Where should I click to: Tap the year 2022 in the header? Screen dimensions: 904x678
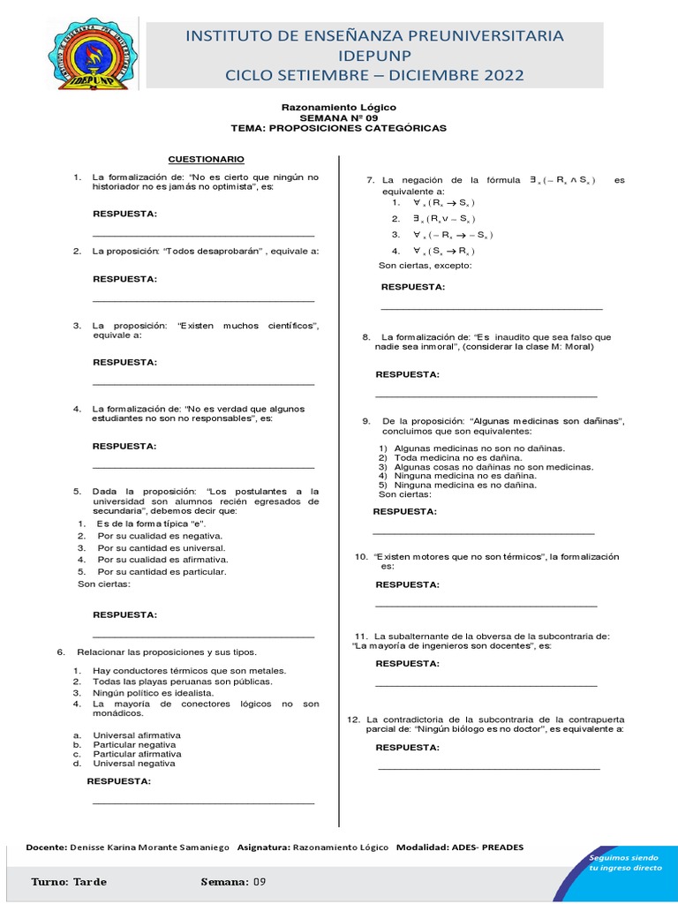[x=499, y=75]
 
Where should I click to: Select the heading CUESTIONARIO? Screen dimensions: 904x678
[x=207, y=159]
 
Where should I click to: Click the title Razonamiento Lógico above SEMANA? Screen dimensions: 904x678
[x=338, y=107]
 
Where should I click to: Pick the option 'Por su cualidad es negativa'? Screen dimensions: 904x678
[x=160, y=536]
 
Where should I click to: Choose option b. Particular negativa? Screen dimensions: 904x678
[x=137, y=744]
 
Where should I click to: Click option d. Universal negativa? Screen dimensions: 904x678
[x=137, y=764]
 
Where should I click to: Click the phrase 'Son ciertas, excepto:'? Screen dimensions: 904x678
[x=425, y=265]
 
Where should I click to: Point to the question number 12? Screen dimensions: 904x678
[x=354, y=719]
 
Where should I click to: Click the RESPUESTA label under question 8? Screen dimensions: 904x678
[x=407, y=374]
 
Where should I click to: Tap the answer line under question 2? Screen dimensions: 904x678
[x=203, y=301]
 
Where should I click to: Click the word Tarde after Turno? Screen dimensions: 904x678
[x=90, y=882]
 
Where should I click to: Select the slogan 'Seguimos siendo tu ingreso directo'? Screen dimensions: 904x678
[x=624, y=863]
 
